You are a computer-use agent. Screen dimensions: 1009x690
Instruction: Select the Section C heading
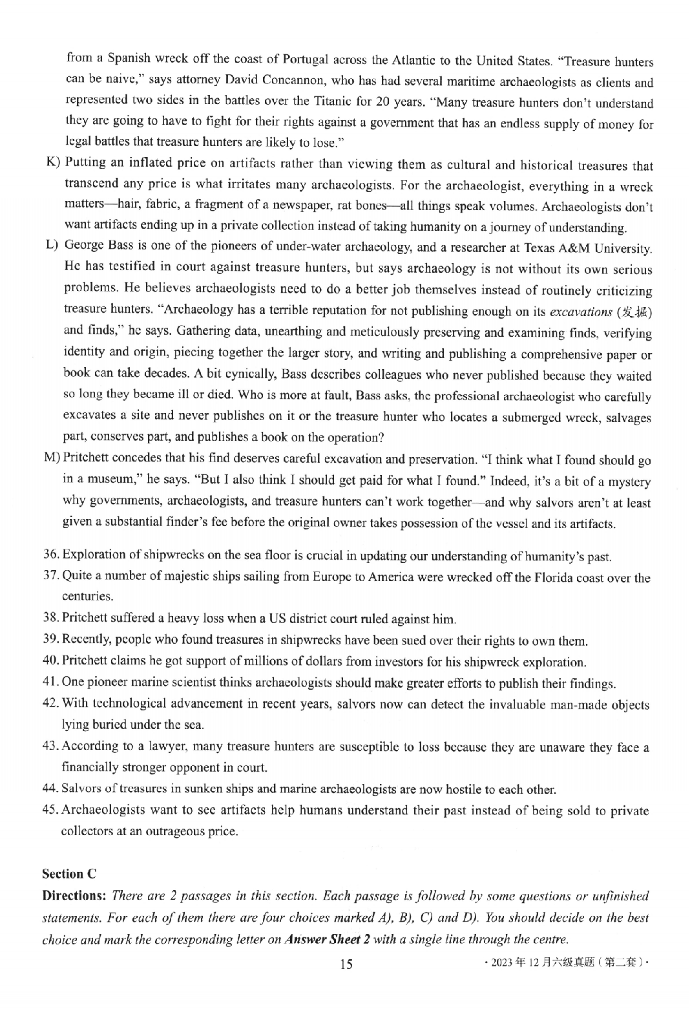pyautogui.click(x=69, y=874)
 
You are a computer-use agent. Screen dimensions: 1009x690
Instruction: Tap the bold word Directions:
pyautogui.click(x=74, y=896)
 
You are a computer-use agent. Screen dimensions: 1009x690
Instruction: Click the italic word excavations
pyautogui.click(x=580, y=312)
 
